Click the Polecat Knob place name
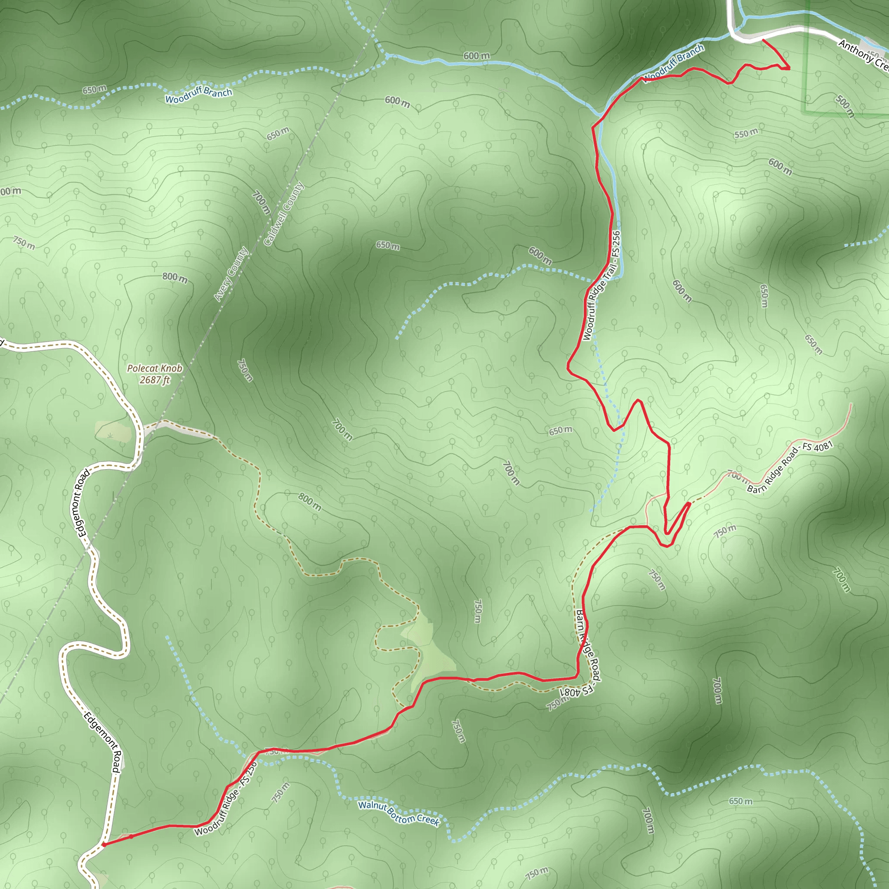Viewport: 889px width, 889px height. coord(154,368)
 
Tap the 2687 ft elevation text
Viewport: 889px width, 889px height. coord(155,380)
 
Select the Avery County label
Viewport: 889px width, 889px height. coord(231,275)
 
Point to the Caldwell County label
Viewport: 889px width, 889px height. coord(284,214)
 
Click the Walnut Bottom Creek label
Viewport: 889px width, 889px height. coord(398,813)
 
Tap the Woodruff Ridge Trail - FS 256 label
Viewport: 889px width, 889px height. coord(601,286)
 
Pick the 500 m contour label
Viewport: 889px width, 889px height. coord(845,106)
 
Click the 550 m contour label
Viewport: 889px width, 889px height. coord(745,134)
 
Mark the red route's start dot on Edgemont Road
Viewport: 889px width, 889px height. coord(105,844)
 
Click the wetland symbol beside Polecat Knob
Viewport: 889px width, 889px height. coord(109,434)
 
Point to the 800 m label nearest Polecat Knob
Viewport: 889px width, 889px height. coord(175,277)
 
